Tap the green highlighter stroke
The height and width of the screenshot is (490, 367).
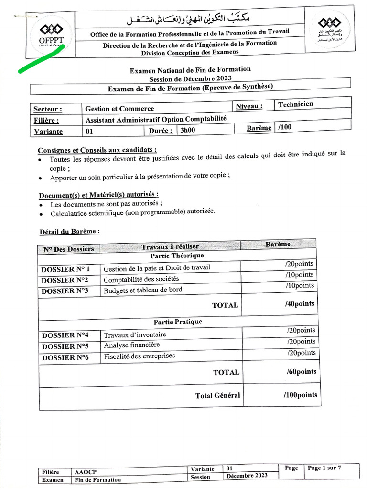(x=41, y=60)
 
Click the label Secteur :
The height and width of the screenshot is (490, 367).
(x=48, y=109)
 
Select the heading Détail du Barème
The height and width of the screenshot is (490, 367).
(x=70, y=232)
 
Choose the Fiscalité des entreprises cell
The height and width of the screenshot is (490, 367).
(x=140, y=356)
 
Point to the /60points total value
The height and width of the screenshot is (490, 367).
(x=301, y=371)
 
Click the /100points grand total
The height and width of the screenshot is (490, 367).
(x=300, y=395)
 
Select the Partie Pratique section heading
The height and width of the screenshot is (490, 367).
(x=178, y=322)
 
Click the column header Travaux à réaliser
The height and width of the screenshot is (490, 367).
(x=170, y=246)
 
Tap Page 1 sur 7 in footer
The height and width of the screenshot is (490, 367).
(x=324, y=468)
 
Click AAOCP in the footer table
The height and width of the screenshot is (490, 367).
(x=85, y=472)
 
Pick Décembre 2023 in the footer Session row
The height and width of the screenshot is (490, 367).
(x=247, y=475)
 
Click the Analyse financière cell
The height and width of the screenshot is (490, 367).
(x=132, y=345)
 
